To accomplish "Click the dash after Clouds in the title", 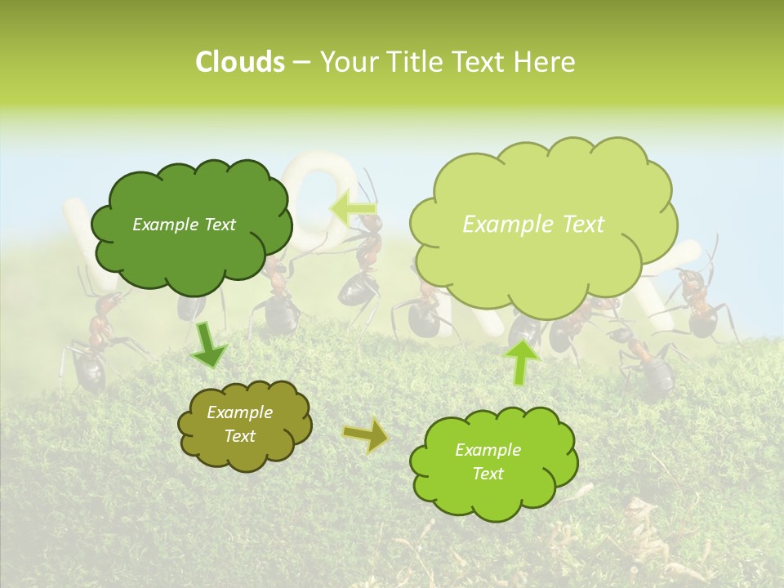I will [x=301, y=63].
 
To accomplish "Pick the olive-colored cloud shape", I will [x=244, y=425].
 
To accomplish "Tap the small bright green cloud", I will [x=493, y=462].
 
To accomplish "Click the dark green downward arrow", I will [x=208, y=344].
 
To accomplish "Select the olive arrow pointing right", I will [x=366, y=436].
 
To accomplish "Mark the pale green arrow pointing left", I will [x=352, y=208].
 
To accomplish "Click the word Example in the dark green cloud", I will [x=163, y=225].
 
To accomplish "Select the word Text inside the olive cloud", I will [x=240, y=437].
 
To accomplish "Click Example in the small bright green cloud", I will [x=488, y=450].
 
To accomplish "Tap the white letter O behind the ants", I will [x=327, y=196].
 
